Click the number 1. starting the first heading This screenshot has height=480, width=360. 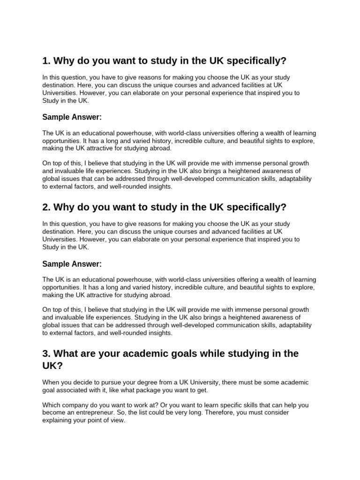[46, 61]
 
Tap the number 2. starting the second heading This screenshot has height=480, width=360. [46, 208]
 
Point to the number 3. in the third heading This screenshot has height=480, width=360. [46, 354]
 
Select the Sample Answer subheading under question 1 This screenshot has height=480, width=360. [72, 117]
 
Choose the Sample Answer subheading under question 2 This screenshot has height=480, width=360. [72, 264]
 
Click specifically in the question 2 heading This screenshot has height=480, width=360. [255, 208]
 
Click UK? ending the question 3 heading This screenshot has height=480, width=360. [51, 366]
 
